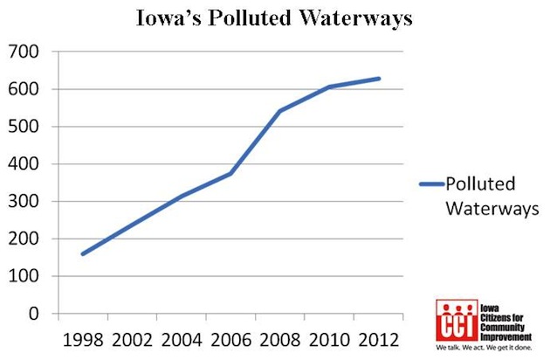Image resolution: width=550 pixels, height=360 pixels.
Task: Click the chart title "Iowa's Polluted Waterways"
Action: click(274, 18)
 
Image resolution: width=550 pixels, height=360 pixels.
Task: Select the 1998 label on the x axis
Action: click(83, 338)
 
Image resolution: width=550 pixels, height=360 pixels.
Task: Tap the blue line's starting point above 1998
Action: click(83, 254)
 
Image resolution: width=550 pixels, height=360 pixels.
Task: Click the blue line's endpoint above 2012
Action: click(379, 79)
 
